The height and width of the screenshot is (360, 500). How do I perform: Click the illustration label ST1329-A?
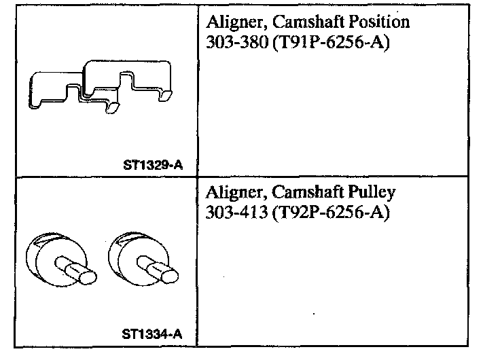tap(154, 165)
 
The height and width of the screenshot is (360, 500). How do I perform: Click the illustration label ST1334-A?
tap(153, 334)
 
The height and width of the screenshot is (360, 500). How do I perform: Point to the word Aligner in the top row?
tap(230, 22)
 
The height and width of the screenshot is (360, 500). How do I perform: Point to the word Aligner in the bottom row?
tap(230, 192)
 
